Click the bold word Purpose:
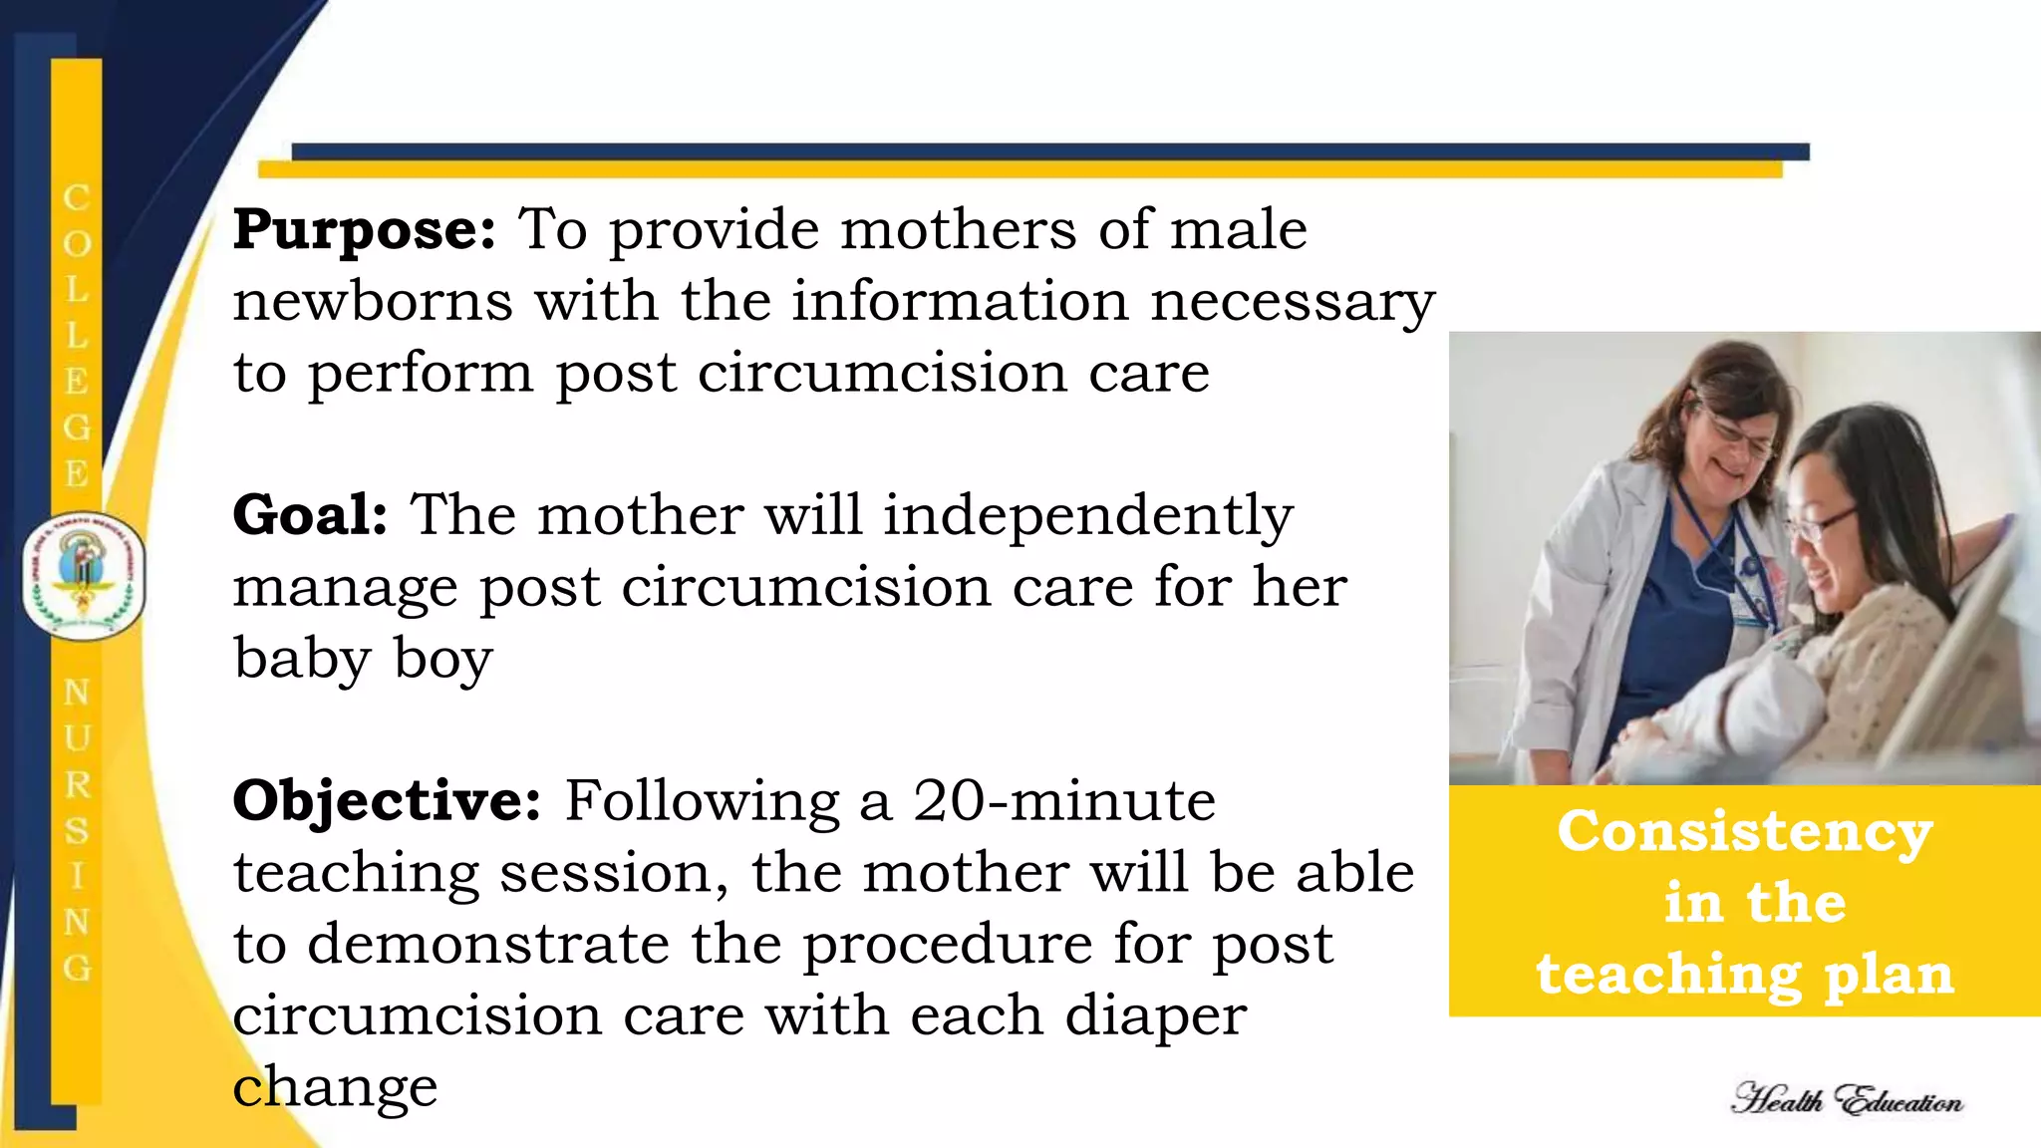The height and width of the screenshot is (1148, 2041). (364, 231)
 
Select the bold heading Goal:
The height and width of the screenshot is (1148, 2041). (310, 516)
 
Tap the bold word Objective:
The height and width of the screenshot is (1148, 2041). (387, 801)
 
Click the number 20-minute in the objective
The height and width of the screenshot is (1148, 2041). (1064, 801)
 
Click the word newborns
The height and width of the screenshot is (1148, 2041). (373, 301)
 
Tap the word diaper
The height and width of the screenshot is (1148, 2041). (1156, 1015)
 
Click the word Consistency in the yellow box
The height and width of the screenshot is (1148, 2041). (1745, 833)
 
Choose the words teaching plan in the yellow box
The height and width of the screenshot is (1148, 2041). (1745, 975)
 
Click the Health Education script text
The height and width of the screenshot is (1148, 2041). (1847, 1100)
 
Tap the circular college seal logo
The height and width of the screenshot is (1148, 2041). (84, 576)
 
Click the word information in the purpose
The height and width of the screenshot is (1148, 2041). (960, 301)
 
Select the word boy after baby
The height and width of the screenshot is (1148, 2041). (443, 660)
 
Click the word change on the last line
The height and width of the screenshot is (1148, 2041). (335, 1087)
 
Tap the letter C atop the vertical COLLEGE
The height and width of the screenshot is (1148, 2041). (77, 197)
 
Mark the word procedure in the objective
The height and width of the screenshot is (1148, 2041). (947, 944)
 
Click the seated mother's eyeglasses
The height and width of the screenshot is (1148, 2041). (1824, 524)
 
